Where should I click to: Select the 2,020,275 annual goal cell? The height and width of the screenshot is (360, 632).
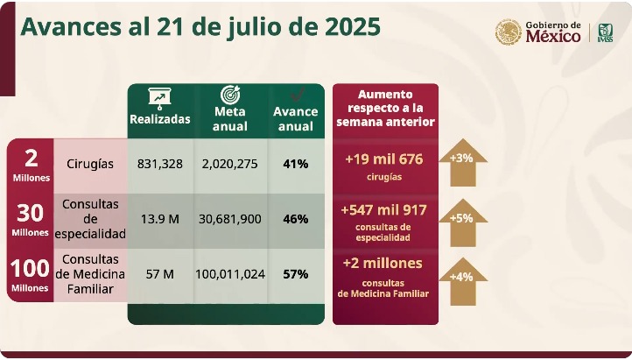(230, 164)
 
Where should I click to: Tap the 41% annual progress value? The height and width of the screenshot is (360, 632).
(295, 164)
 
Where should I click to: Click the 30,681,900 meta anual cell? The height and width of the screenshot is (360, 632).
(230, 218)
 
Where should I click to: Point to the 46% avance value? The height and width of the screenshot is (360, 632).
(295, 218)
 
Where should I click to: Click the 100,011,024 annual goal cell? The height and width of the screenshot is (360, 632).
(230, 274)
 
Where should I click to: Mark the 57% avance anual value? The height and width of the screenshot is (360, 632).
(295, 274)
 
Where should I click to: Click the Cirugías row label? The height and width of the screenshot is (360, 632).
(89, 164)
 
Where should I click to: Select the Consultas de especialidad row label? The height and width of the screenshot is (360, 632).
(89, 218)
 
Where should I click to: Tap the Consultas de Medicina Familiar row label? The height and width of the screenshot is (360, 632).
(89, 274)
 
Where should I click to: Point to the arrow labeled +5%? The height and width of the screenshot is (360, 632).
(462, 218)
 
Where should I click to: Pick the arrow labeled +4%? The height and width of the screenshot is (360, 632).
(462, 279)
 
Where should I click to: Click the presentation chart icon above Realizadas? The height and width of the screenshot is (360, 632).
(159, 96)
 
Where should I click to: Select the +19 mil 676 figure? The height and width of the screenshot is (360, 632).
(384, 159)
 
